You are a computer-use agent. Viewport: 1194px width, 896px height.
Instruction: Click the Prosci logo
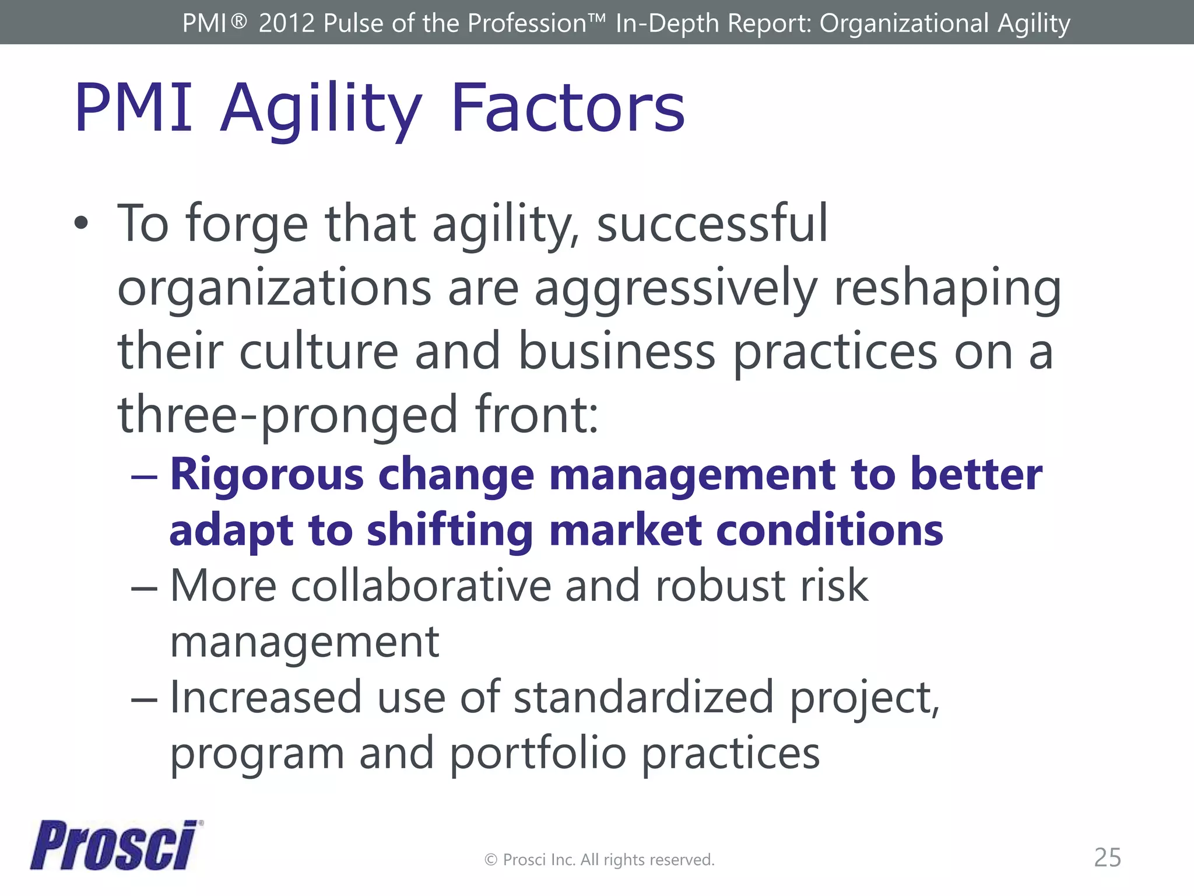click(114, 845)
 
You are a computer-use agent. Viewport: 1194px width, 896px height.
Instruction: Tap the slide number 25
click(1107, 857)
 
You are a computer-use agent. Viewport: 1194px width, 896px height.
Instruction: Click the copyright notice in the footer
click(599, 860)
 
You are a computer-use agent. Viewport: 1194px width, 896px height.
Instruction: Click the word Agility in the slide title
click(321, 108)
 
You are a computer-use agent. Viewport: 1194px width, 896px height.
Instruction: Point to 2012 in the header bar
click(286, 23)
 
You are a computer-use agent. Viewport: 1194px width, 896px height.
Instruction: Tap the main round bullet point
click(82, 223)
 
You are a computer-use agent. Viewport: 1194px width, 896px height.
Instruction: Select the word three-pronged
click(287, 415)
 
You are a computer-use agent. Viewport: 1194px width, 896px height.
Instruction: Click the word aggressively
click(676, 289)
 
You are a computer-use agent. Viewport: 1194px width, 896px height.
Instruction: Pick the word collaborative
click(420, 586)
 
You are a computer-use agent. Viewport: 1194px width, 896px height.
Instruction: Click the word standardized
click(643, 698)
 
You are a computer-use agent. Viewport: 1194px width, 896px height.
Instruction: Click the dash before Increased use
click(144, 699)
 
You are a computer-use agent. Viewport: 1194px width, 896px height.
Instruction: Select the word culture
click(318, 352)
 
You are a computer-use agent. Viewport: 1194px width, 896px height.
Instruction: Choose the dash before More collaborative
click(144, 587)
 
